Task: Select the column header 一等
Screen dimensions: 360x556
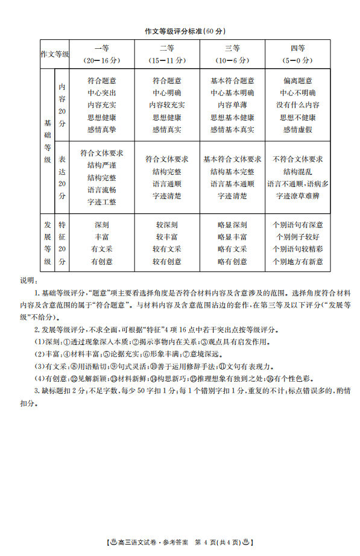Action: click(x=102, y=49)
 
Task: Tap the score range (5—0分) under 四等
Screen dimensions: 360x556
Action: click(x=297, y=61)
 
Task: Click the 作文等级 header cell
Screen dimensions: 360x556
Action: click(x=55, y=54)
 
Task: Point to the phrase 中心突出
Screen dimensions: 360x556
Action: click(x=102, y=93)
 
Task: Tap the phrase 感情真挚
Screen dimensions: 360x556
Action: click(x=102, y=130)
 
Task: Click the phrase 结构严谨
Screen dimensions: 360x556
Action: click(x=102, y=165)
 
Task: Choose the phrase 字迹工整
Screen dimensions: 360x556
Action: click(x=102, y=202)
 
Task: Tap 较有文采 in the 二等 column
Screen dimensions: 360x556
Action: click(x=167, y=249)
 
